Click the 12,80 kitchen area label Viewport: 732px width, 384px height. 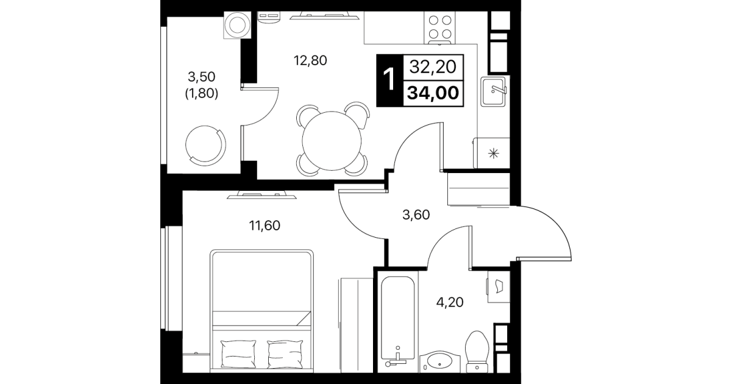[310, 61]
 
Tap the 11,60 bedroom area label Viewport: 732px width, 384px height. [265, 226]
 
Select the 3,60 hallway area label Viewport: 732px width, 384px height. [416, 215]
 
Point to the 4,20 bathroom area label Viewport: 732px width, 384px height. [450, 302]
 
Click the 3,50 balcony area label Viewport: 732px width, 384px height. [202, 77]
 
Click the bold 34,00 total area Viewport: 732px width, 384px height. [433, 93]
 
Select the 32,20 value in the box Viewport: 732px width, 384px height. [433, 67]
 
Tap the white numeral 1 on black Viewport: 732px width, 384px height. [389, 80]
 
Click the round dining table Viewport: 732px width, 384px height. [332, 141]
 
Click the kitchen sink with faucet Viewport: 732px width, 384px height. [493, 92]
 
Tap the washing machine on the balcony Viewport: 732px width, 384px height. [238, 26]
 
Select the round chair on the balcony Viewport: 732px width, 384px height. [205, 145]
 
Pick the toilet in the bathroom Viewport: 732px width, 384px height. [477, 352]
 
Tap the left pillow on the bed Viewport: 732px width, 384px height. [238, 354]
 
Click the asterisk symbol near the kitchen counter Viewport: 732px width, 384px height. [494, 153]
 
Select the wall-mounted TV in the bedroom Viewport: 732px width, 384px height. [261, 195]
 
